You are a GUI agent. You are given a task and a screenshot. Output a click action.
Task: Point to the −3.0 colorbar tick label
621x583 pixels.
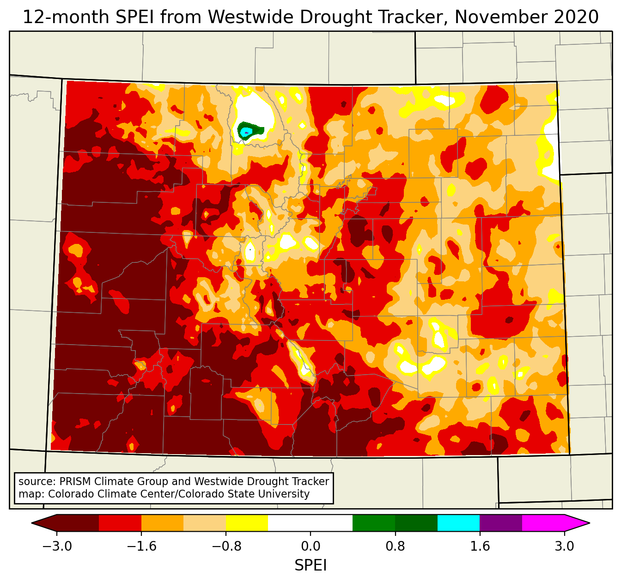click(57, 547)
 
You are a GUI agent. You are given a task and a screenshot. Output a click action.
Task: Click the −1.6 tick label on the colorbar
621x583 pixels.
click(141, 547)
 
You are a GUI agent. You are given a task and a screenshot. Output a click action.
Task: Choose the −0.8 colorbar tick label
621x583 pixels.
click(226, 547)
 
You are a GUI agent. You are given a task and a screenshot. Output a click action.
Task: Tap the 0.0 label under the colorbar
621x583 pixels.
click(310, 547)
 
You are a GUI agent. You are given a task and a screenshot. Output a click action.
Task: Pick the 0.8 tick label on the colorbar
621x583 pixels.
click(395, 547)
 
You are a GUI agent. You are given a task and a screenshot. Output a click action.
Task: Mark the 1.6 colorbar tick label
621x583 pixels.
click(480, 547)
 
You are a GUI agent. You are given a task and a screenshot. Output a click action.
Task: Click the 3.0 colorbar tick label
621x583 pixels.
click(564, 547)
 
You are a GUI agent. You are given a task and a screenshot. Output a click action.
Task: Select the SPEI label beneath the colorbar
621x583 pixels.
click(310, 565)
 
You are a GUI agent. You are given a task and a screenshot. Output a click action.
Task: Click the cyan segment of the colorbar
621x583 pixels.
click(458, 523)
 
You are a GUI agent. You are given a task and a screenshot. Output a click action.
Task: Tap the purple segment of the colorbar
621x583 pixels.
click(501, 523)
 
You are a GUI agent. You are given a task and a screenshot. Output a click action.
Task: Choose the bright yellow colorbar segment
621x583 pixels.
click(247, 523)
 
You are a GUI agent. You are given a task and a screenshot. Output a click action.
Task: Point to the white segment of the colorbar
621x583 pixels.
click(310, 523)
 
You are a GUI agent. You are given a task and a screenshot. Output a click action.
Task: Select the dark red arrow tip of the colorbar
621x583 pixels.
click(44, 523)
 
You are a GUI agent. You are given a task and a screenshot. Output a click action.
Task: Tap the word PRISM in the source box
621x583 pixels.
click(75, 481)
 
